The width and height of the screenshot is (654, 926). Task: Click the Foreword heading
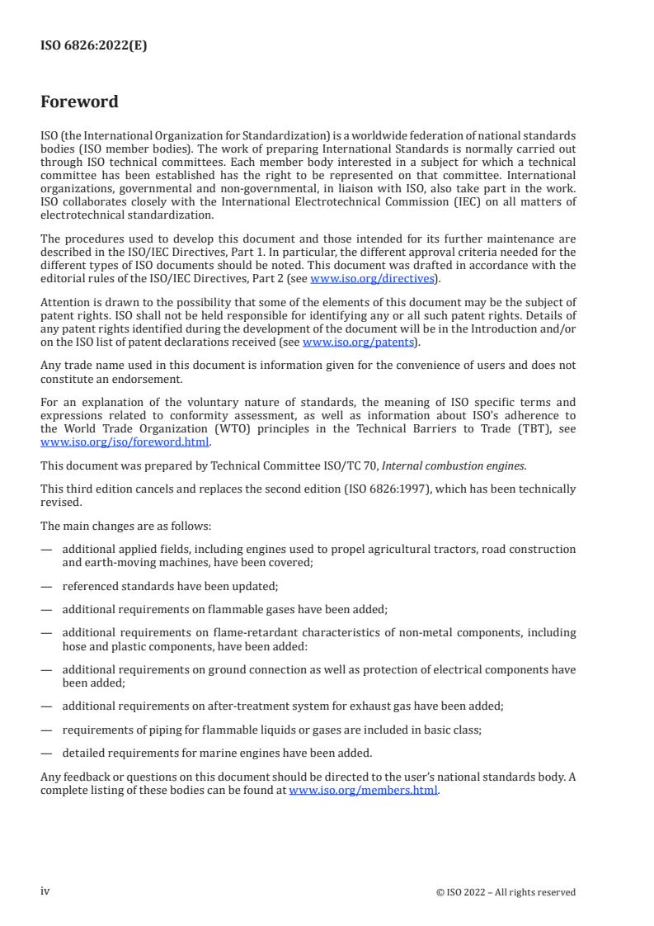click(x=79, y=102)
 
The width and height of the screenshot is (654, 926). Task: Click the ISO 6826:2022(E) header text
click(x=93, y=46)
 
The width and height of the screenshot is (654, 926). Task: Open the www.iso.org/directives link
click(x=372, y=279)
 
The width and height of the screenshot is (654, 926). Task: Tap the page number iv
click(x=45, y=891)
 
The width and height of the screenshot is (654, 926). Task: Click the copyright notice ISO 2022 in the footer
click(x=506, y=892)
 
